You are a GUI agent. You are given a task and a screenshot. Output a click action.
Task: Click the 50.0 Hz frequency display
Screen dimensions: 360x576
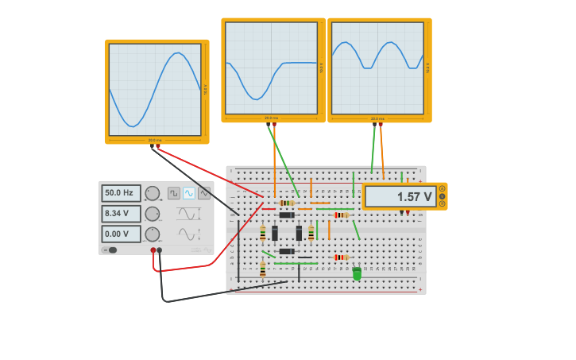click(121, 193)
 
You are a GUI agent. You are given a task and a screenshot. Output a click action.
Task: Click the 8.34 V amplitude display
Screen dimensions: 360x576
click(121, 214)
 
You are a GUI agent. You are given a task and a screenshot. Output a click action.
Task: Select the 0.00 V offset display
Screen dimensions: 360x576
click(121, 234)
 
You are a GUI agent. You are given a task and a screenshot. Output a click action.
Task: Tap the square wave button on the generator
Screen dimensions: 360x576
click(174, 193)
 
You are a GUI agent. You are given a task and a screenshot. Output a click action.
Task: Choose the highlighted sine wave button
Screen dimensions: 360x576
click(189, 193)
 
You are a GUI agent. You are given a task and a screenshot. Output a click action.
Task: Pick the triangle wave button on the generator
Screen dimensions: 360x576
click(204, 193)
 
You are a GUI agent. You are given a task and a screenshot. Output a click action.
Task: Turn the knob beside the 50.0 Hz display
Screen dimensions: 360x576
click(152, 193)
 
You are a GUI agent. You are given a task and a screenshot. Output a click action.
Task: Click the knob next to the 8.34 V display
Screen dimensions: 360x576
click(152, 214)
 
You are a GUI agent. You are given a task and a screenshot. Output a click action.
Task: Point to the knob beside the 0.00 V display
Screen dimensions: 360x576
click(152, 234)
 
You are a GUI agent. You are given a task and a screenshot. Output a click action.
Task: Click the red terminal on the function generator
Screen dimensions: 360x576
click(153, 250)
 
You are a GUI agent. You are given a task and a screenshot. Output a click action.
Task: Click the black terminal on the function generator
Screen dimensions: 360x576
click(160, 250)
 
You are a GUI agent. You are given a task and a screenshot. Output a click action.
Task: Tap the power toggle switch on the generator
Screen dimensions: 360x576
click(110, 250)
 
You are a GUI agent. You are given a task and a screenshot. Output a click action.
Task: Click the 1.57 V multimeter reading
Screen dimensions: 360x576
click(400, 196)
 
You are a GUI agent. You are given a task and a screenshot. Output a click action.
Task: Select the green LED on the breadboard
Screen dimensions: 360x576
click(357, 273)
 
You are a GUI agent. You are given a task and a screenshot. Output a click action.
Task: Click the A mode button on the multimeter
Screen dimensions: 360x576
click(443, 189)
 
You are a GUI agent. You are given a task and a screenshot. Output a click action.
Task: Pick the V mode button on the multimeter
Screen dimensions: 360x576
click(443, 196)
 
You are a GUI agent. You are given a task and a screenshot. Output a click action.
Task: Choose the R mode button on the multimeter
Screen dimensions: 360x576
click(443, 203)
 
